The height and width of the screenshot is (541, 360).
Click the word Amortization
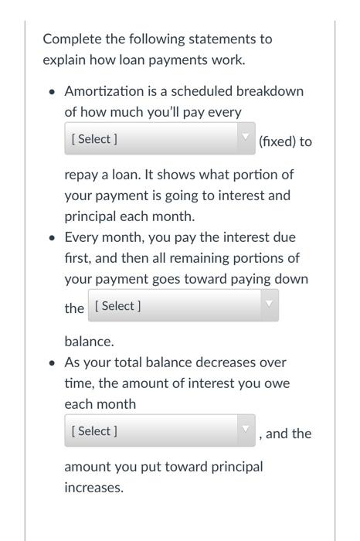pos(104,91)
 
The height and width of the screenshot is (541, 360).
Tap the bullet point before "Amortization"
pos(51,92)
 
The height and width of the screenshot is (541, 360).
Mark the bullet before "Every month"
pos(51,238)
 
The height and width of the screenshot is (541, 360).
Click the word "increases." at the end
pos(93,488)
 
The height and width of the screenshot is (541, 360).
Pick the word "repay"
pos(82,175)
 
